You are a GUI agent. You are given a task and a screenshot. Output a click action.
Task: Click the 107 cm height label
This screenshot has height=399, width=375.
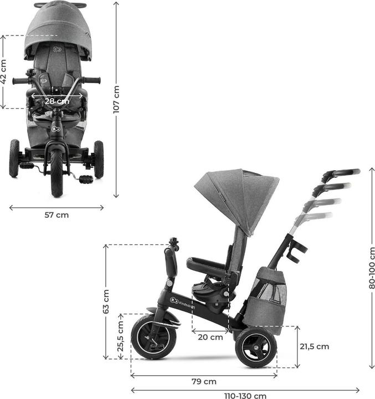coord(116,99)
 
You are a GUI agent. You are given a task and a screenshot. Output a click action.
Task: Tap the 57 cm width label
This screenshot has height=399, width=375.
coord(56,215)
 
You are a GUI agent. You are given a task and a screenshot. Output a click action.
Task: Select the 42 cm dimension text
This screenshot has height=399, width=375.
coord(3,71)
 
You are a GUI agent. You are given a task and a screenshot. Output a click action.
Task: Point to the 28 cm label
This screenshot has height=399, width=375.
coord(57,101)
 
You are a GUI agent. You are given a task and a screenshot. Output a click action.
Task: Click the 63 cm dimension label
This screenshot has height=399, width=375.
coord(106,301)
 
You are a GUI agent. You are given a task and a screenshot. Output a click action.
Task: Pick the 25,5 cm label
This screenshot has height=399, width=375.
coord(120,336)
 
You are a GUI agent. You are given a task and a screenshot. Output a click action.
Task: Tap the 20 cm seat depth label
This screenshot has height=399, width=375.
coord(210,337)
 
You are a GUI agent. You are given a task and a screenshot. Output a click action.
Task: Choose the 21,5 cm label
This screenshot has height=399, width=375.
coord(315,346)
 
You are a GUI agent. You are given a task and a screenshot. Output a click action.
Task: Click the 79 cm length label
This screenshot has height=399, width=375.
coord(204,381)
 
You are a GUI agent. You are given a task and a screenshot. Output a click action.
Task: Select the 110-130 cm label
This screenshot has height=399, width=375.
coord(245,396)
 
